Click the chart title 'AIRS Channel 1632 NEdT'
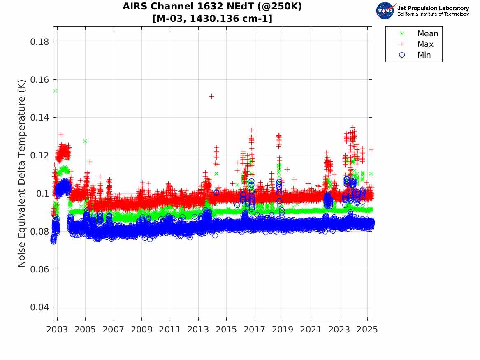click(212, 7)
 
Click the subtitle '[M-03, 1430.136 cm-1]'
click(212, 19)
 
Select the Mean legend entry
click(427, 34)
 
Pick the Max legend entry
click(425, 44)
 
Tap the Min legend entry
click(424, 55)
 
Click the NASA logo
click(385, 11)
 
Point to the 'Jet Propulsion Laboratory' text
click(433, 8)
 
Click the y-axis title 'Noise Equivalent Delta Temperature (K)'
click(22, 174)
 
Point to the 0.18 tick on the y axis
click(40, 42)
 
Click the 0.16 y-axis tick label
click(40, 80)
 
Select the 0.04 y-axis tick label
click(40, 307)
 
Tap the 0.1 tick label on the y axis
click(43, 193)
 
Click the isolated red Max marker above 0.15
click(211, 96)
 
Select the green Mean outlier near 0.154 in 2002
click(55, 91)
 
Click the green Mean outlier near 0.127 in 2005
click(85, 141)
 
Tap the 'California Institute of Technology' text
click(433, 14)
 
